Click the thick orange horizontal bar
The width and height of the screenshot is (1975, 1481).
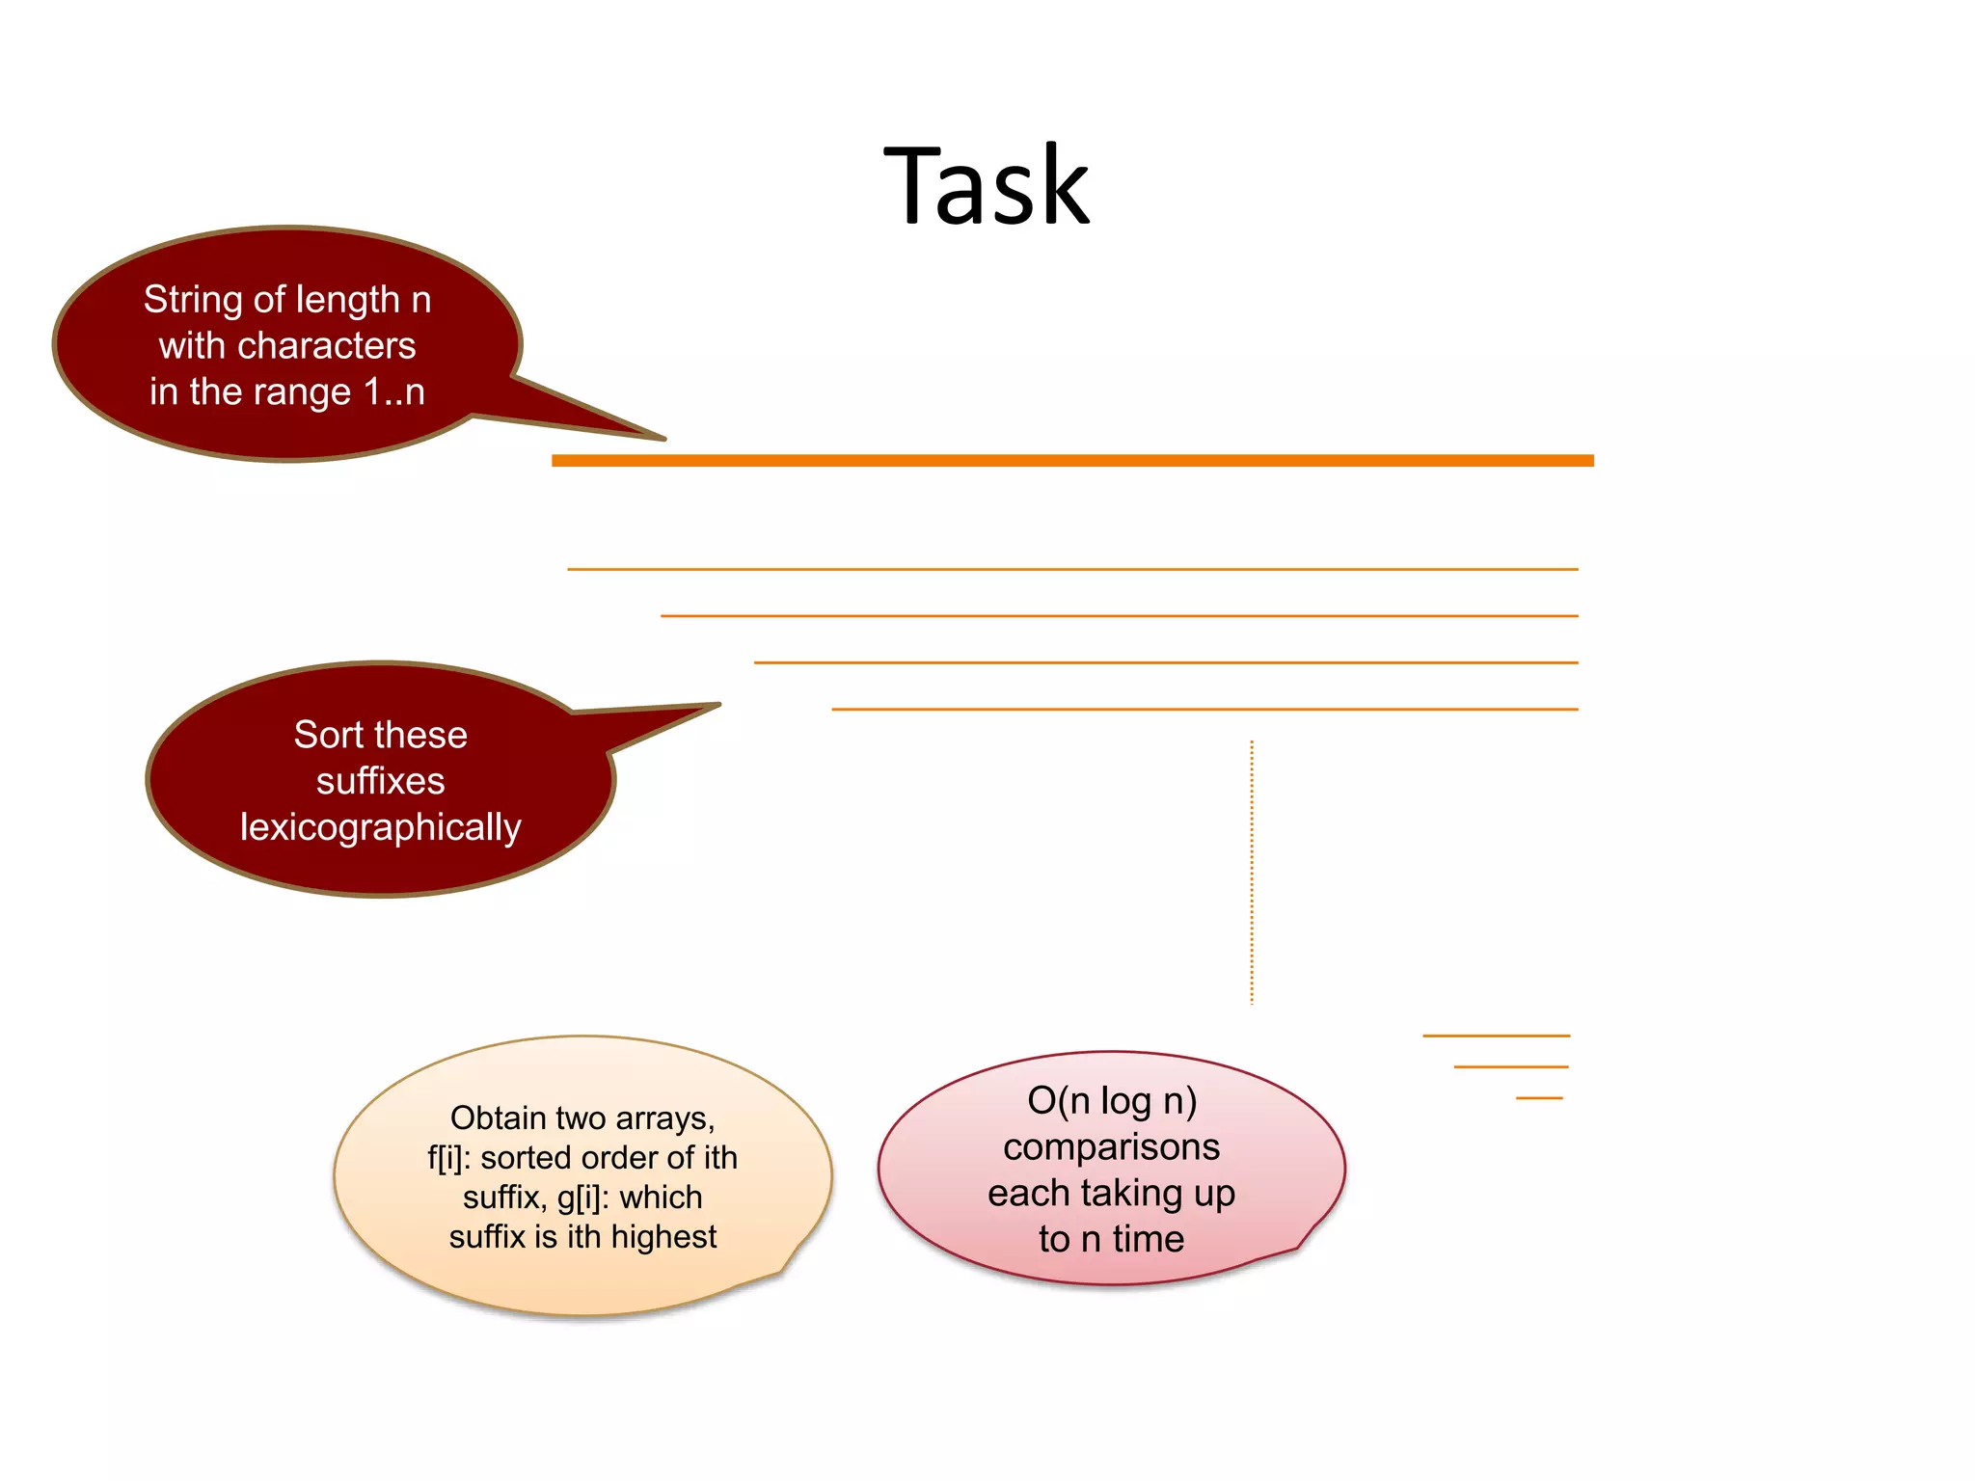click(1071, 461)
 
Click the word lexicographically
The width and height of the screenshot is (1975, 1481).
click(380, 827)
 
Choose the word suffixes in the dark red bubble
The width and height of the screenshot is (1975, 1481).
click(380, 781)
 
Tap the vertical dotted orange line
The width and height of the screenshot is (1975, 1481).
click(1252, 873)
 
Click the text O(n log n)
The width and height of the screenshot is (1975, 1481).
click(1111, 1100)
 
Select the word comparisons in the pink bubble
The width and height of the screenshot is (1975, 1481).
click(1111, 1146)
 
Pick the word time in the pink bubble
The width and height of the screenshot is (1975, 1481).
click(1148, 1239)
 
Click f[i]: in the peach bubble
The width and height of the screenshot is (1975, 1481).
click(449, 1158)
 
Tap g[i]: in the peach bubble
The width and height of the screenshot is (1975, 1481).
click(582, 1198)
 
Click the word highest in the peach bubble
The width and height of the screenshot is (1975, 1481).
click(663, 1237)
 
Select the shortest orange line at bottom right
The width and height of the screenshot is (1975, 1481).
click(1538, 1098)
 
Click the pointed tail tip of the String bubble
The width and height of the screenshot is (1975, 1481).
click(663, 439)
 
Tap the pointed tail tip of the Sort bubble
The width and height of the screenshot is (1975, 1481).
click(718, 705)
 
